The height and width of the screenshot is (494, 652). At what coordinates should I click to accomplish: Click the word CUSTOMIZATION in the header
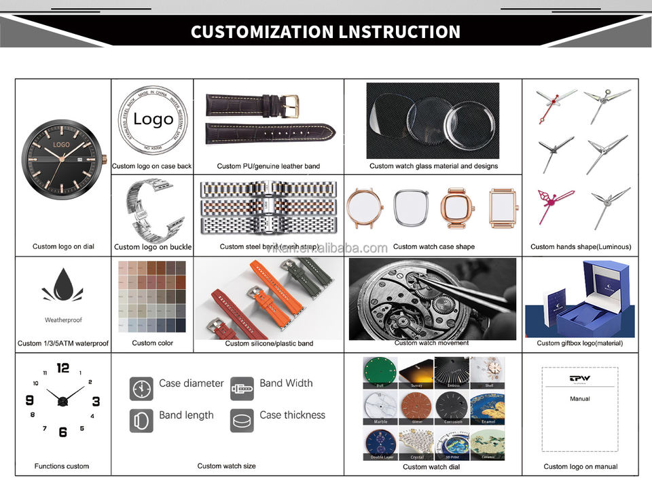(x=261, y=32)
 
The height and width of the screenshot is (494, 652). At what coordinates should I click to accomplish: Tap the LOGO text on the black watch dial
(x=62, y=145)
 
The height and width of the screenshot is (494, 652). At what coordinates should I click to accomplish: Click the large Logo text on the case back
(x=153, y=119)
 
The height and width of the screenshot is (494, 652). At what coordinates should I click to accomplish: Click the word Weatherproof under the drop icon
(x=63, y=320)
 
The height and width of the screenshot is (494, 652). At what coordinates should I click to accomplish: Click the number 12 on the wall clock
(x=63, y=368)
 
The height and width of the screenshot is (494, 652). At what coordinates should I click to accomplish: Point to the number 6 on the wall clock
(x=63, y=432)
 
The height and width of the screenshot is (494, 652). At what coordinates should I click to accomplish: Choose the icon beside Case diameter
(x=141, y=388)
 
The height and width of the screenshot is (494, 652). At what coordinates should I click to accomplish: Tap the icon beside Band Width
(x=242, y=388)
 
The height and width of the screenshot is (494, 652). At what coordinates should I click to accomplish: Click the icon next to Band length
(x=141, y=421)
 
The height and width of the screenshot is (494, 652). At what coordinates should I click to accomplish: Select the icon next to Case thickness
(x=242, y=421)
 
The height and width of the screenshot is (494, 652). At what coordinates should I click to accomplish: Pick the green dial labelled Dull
(x=380, y=371)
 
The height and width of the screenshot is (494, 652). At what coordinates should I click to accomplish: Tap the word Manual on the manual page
(x=579, y=399)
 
